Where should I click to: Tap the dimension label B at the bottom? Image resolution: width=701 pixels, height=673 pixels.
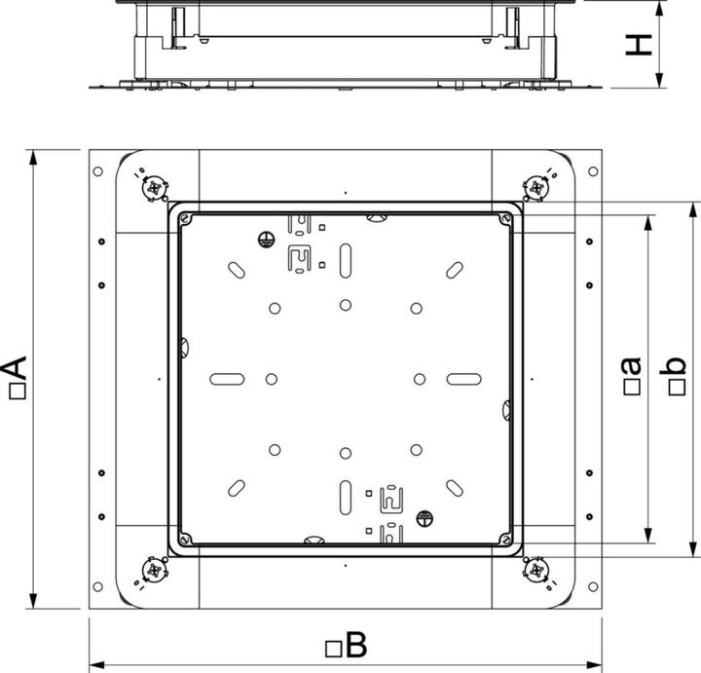coord(353,644)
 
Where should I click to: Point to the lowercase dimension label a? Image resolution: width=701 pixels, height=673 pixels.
coord(631,375)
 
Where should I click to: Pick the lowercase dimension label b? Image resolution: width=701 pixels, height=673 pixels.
coord(675,375)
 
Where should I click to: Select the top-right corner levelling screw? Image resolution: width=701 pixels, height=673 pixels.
coord(536,187)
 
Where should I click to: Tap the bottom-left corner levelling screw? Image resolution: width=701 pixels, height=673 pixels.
coord(154,570)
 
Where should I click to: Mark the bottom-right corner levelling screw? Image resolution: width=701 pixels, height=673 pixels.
coord(536,570)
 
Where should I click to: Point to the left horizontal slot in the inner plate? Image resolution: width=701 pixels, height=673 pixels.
coord(226,378)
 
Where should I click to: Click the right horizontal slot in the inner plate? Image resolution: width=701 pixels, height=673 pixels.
coord(463,378)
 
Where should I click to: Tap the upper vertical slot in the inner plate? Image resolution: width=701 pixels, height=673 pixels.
coord(346,262)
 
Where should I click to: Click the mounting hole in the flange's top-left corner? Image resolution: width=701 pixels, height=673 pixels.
coord(98,172)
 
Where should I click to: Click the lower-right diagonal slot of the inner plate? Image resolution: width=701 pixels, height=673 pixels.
coord(454,486)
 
